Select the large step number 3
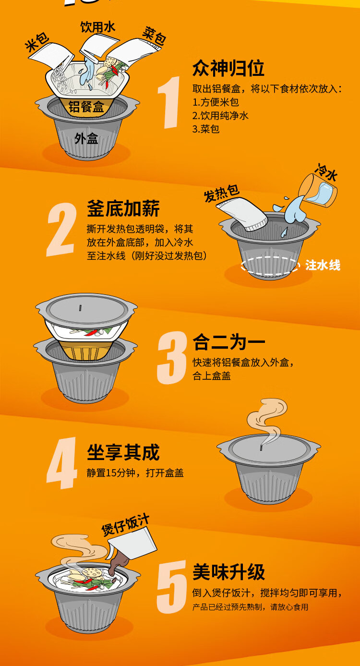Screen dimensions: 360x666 [171, 358]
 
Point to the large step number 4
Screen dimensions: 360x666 [61, 463]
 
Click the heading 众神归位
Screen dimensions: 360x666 [228, 68]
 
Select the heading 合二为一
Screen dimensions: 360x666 [228, 342]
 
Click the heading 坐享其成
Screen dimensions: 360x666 [123, 452]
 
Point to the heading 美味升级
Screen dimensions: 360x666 [228, 571]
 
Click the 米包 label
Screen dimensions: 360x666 [37, 43]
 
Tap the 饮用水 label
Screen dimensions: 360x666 [98, 27]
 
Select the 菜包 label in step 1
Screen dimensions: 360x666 [154, 36]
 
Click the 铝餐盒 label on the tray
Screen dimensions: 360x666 [86, 107]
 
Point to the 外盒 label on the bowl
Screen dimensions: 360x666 [86, 138]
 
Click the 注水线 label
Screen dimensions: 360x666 [323, 265]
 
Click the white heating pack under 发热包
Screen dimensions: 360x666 [242, 214]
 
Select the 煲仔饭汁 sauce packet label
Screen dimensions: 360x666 [125, 525]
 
